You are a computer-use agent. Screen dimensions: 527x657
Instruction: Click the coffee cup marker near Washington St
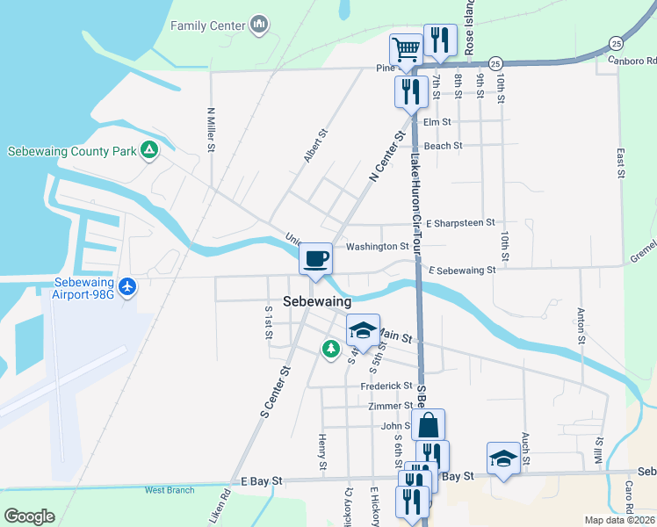coord(315,258)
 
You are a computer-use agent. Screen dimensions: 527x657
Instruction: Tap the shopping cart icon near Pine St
coord(407,49)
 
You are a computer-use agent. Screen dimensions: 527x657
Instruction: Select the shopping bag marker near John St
coord(428,425)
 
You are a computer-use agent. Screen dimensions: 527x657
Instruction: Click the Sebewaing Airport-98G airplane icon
coord(128,286)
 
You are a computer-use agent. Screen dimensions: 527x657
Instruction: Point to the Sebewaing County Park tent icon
coord(149,150)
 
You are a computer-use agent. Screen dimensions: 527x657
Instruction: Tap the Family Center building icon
coord(258,25)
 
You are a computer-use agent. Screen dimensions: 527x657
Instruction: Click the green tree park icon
coord(330,350)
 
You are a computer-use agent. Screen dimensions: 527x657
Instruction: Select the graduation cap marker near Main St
coord(362,330)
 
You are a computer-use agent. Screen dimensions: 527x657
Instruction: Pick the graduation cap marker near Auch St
coord(503,458)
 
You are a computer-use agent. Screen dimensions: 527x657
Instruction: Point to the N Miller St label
coord(211,129)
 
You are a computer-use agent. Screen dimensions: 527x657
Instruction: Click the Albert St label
coord(315,146)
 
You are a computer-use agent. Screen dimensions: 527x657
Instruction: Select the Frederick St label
coord(386,386)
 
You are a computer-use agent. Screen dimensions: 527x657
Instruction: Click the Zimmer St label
coord(390,406)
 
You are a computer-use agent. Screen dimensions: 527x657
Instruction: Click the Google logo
coord(29,516)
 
